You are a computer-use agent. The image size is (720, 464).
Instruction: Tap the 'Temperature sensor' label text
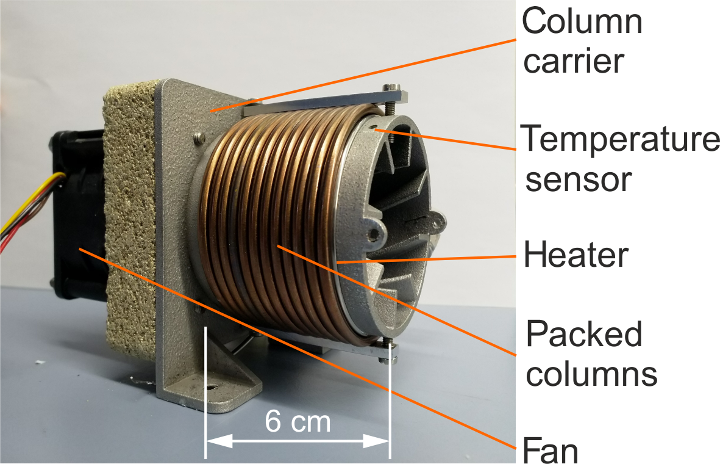[x=620, y=158]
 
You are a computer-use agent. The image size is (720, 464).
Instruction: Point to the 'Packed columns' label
[x=591, y=353]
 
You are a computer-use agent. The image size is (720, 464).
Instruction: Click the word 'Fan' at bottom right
[x=550, y=450]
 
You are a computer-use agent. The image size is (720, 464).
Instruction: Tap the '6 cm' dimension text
[x=298, y=421]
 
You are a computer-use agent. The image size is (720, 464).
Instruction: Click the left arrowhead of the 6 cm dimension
[x=219, y=442]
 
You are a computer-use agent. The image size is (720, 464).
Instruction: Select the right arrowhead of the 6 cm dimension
[x=376, y=442]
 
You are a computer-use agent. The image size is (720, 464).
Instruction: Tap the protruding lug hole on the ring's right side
[x=374, y=235]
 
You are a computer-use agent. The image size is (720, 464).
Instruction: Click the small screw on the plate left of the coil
[x=198, y=137]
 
